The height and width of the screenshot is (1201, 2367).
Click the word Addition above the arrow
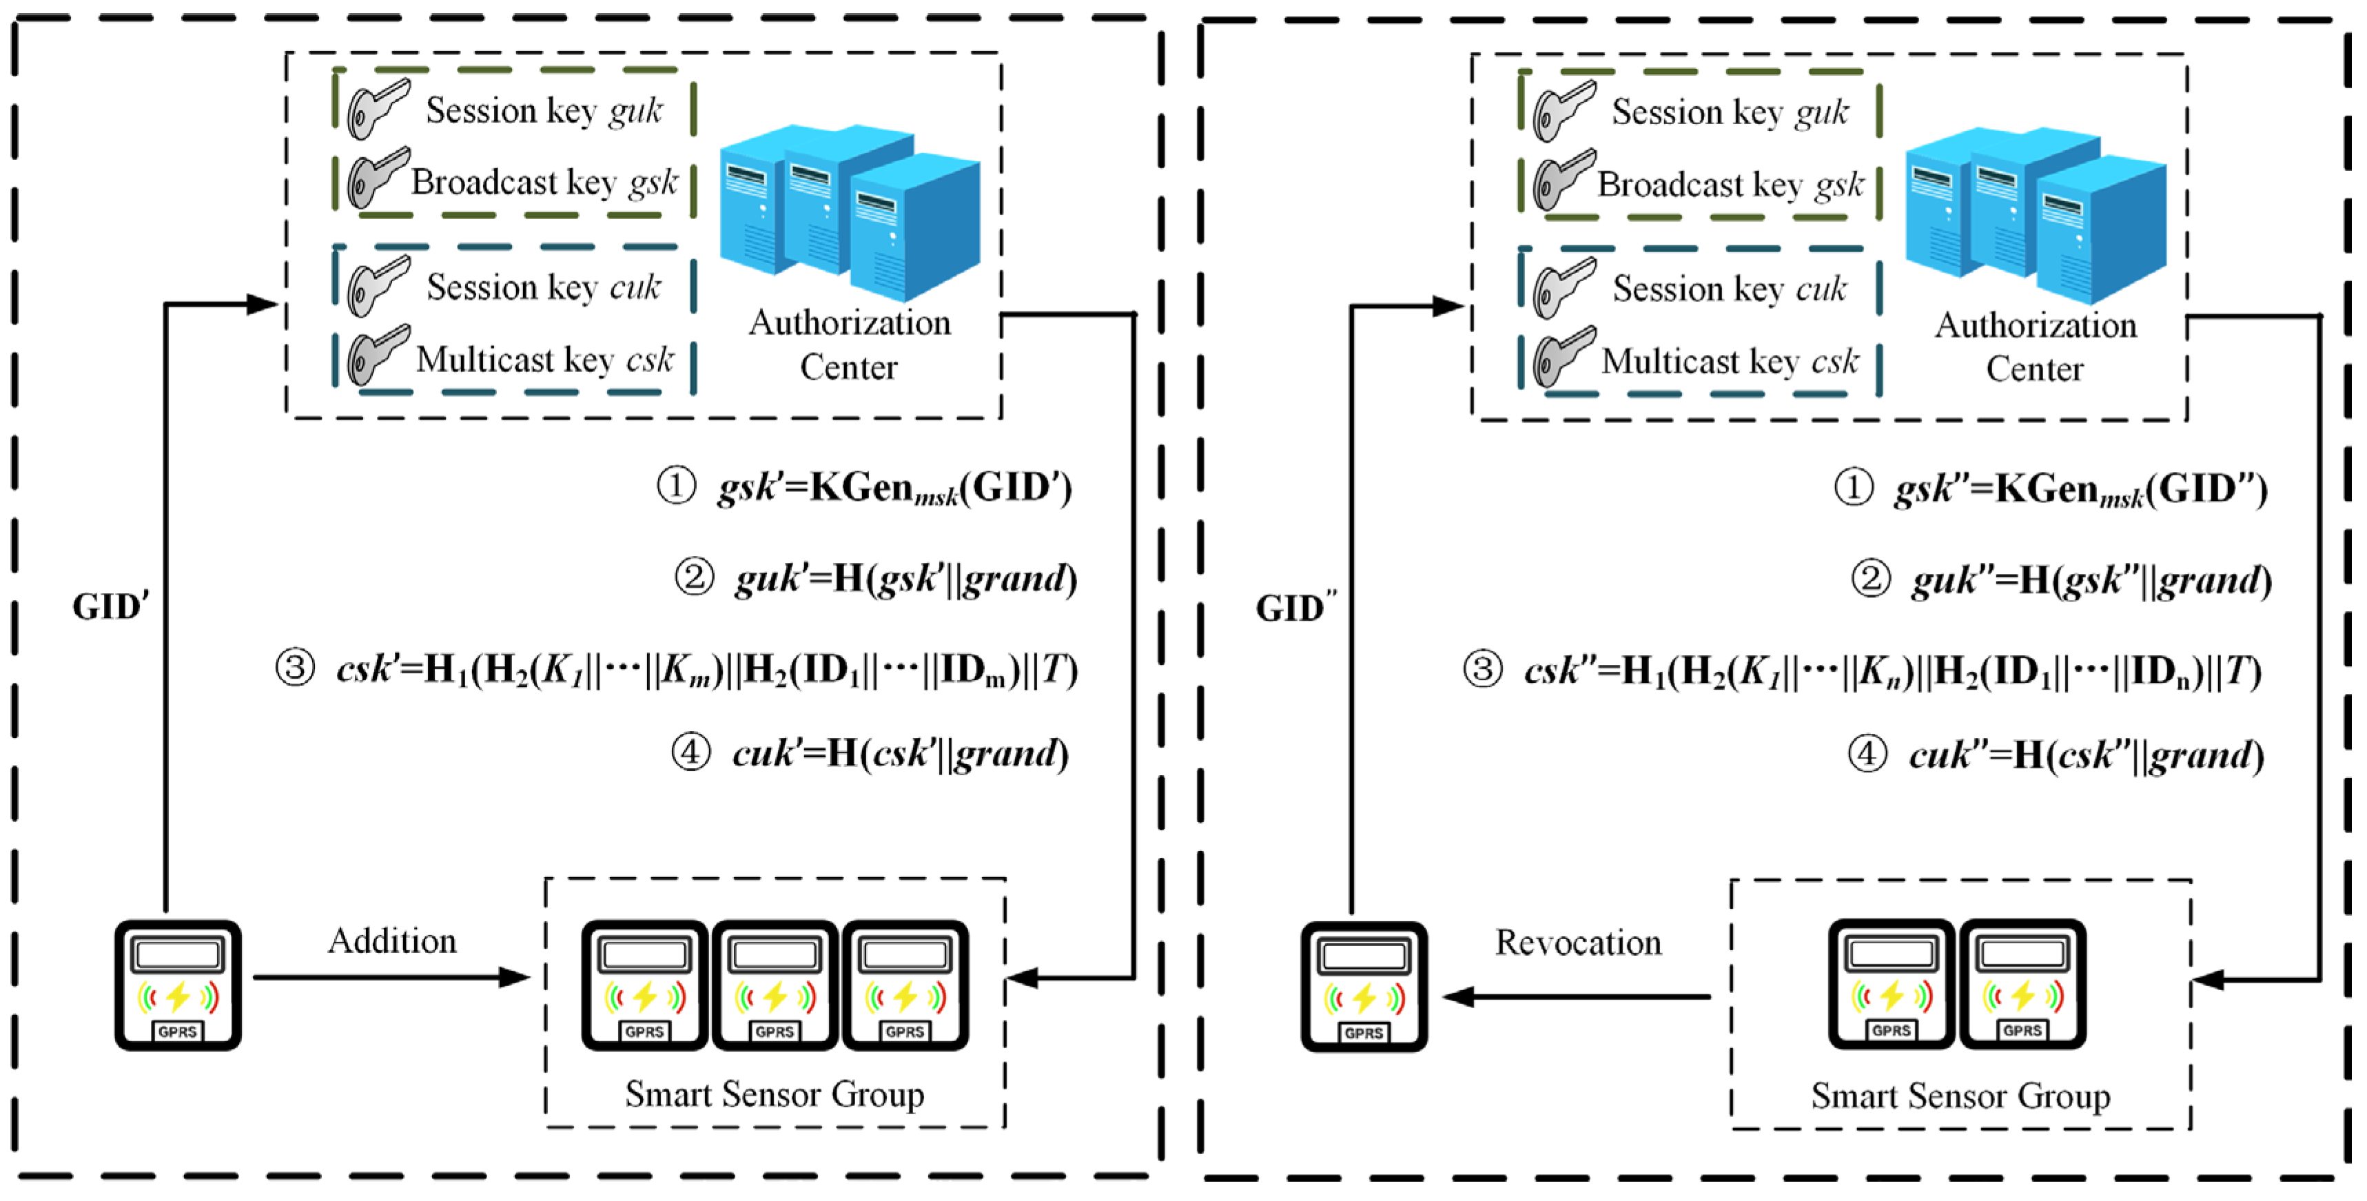(x=392, y=941)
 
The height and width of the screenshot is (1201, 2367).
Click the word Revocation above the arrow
(x=1578, y=943)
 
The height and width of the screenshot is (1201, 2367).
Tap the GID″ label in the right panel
(x=1295, y=608)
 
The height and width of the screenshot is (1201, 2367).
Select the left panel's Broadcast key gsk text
(x=543, y=183)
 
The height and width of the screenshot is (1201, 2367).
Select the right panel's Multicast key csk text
(x=1730, y=361)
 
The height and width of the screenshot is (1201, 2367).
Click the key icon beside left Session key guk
(x=377, y=108)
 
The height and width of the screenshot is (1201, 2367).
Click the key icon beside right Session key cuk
(x=1563, y=287)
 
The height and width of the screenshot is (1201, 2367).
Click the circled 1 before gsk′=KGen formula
(x=676, y=485)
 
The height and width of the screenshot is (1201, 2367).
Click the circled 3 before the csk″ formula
(x=1482, y=669)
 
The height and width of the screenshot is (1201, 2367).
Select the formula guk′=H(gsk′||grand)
(x=905, y=579)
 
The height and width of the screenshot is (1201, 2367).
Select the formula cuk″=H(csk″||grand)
(x=2086, y=755)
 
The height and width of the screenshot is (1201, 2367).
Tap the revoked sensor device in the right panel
(x=1364, y=987)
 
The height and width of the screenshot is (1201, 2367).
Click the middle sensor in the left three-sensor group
(x=775, y=985)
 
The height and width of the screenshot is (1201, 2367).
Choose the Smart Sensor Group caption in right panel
(x=1960, y=1096)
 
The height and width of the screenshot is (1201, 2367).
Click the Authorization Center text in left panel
(x=849, y=345)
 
